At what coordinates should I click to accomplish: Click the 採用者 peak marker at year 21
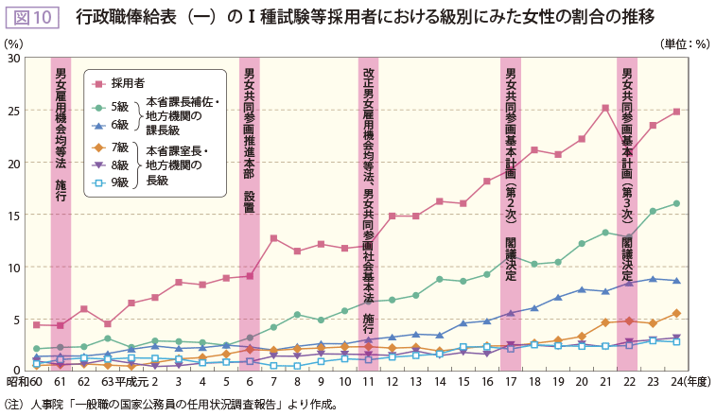tap(605, 108)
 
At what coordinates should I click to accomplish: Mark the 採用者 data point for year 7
tap(273, 238)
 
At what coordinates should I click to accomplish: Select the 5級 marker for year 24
tap(676, 203)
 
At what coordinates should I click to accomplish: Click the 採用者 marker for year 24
tap(676, 112)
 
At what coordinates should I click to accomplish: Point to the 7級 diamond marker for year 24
tap(676, 313)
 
